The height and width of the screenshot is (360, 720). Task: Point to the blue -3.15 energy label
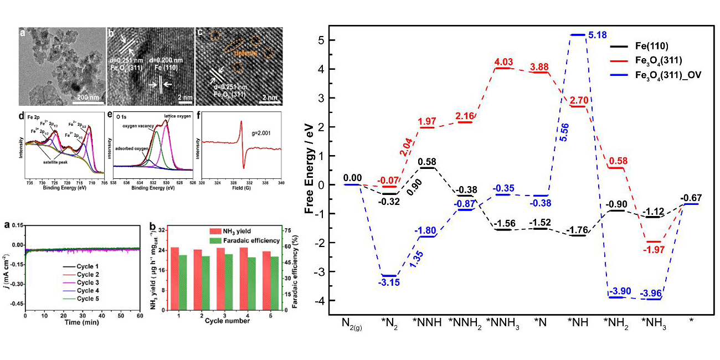click(389, 282)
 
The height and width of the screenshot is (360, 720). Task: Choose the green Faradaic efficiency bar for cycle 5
click(275, 283)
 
